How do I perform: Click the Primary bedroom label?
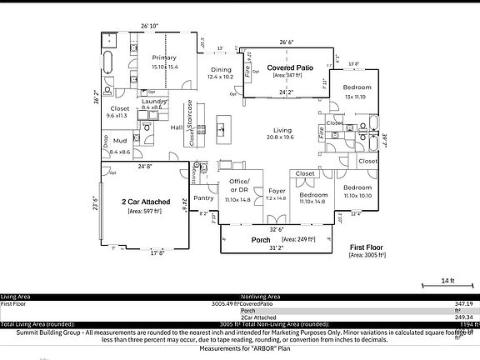pyautogui.click(x=164, y=57)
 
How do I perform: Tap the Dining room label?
pyautogui.click(x=221, y=70)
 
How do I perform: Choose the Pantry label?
pyautogui.click(x=203, y=198)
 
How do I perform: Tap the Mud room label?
pyautogui.click(x=120, y=142)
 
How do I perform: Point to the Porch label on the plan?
pyautogui.click(x=261, y=239)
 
